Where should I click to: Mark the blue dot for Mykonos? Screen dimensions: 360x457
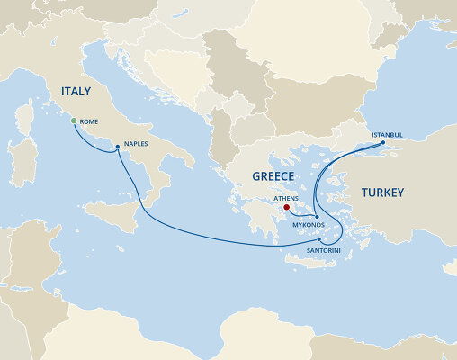tap(317, 215)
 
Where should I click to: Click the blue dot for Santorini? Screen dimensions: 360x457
tap(319, 238)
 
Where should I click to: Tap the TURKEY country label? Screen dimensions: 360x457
tap(382, 193)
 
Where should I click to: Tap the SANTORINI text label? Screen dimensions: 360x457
tap(322, 249)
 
